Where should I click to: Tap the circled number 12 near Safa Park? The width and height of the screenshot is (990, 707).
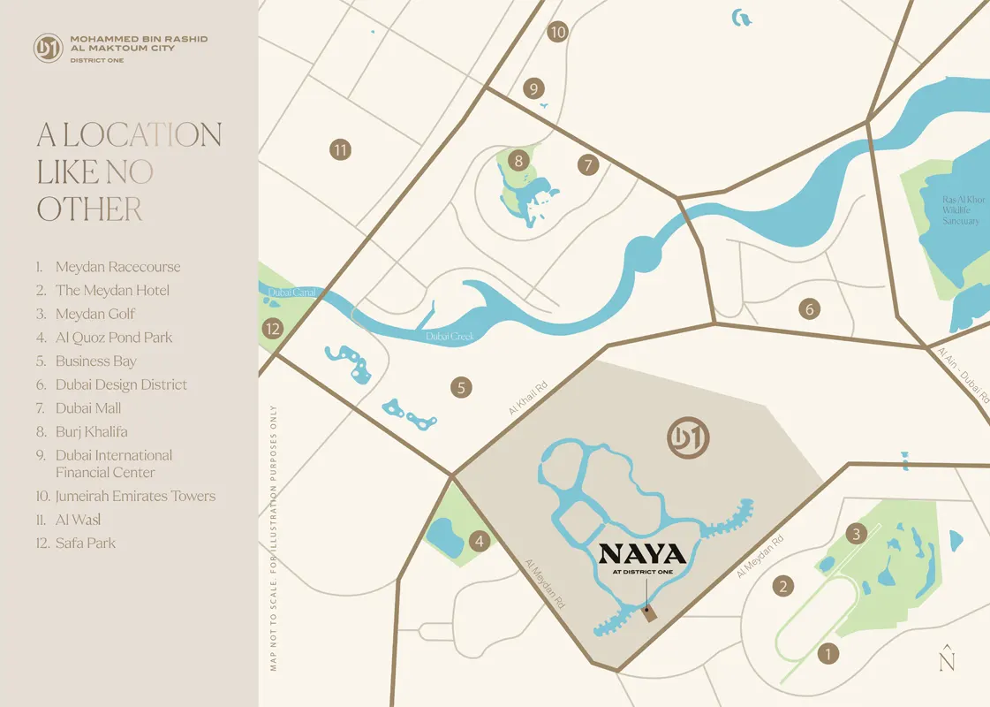pyautogui.click(x=273, y=329)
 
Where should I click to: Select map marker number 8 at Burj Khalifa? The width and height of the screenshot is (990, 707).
pyautogui.click(x=518, y=160)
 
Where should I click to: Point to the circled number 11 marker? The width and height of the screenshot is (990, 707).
pyautogui.click(x=341, y=149)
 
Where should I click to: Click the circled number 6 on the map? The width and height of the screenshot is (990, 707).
pyautogui.click(x=808, y=309)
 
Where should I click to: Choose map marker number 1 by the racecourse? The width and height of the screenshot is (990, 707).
pyautogui.click(x=828, y=654)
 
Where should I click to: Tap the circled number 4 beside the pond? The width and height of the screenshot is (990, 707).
pyautogui.click(x=479, y=541)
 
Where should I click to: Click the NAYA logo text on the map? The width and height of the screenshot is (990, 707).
pyautogui.click(x=642, y=555)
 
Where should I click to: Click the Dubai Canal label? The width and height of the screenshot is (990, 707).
pyautogui.click(x=287, y=293)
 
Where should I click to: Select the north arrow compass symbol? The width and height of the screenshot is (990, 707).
pyautogui.click(x=947, y=658)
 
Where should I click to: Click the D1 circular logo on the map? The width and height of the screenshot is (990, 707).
pyautogui.click(x=690, y=439)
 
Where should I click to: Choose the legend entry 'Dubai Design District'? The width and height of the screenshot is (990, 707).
pyautogui.click(x=121, y=384)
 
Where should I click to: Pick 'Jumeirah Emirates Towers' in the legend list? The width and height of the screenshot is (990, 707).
pyautogui.click(x=135, y=496)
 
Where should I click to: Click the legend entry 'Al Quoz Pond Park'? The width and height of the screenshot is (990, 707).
pyautogui.click(x=114, y=338)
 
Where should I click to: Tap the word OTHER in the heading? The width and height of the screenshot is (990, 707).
pyautogui.click(x=89, y=209)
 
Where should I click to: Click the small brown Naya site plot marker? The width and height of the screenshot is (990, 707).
pyautogui.click(x=651, y=614)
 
